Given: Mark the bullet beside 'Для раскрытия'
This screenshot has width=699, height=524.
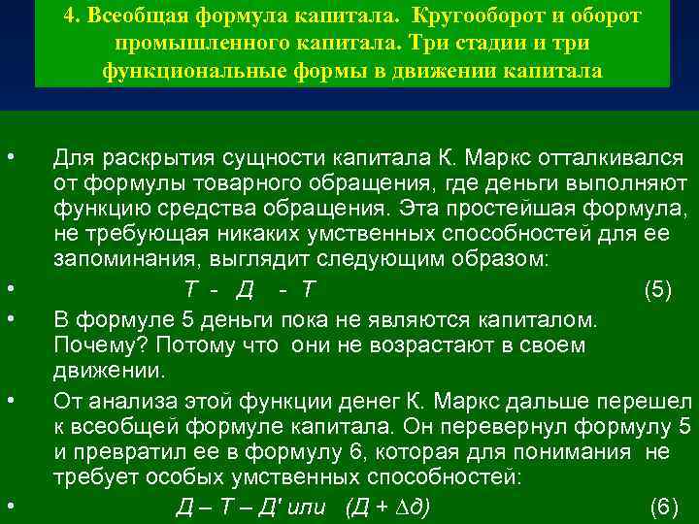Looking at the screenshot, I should pos(9,157).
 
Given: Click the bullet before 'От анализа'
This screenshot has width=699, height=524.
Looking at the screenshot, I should pos(9,400).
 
